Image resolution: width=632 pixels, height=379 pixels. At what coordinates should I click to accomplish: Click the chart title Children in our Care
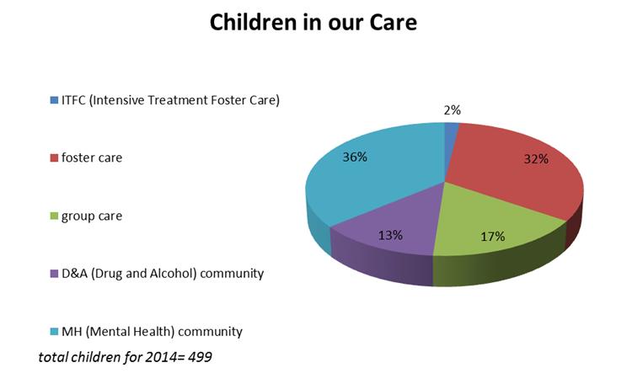[313, 22]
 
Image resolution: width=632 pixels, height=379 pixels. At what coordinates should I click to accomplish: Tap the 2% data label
[452, 110]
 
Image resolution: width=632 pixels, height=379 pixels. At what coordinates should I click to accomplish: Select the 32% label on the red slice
[536, 159]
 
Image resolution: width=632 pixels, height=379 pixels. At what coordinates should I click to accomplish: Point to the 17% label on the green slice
[493, 236]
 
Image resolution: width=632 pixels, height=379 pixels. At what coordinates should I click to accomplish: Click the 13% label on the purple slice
[390, 235]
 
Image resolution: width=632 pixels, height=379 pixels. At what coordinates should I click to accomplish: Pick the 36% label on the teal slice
[355, 157]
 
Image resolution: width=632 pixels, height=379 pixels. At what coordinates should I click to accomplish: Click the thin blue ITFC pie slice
[451, 133]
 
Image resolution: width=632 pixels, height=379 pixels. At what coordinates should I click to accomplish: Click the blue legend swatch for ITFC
[54, 100]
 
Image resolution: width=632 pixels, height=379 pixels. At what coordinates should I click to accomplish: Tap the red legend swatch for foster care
[54, 157]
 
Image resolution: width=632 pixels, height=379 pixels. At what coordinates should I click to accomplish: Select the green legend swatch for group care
[54, 216]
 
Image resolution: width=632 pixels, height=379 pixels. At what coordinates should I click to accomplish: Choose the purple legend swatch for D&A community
[54, 274]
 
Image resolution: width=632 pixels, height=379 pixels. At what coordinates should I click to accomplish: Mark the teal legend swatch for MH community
[54, 332]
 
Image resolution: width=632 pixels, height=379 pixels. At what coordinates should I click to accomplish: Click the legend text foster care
[92, 157]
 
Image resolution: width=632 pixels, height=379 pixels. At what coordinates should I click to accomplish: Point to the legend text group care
[92, 216]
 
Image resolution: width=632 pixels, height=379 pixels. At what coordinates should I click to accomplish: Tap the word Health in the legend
[153, 332]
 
